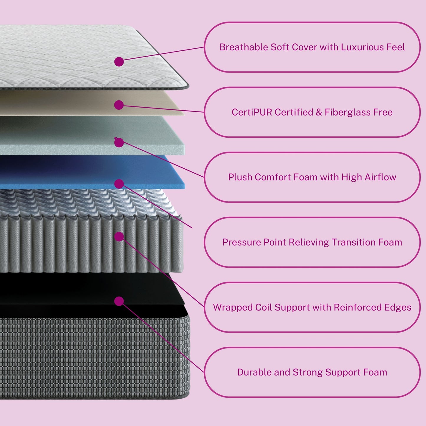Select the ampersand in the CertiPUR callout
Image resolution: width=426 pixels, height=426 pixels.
tap(319, 112)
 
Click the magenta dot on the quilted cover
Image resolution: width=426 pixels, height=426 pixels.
tap(119, 62)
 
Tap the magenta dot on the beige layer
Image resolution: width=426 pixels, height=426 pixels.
tap(119, 105)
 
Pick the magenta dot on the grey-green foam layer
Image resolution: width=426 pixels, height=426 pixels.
tap(119, 143)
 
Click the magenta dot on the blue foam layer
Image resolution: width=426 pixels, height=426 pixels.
tap(119, 184)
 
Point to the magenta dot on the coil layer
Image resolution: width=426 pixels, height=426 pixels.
tap(119, 236)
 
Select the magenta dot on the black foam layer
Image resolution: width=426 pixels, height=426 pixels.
tap(119, 301)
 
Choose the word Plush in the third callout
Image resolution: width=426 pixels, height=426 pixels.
tap(240, 177)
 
